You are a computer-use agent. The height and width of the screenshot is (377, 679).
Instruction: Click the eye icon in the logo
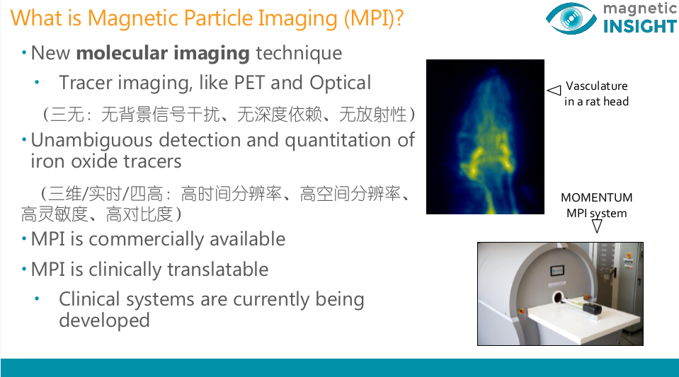tap(571, 18)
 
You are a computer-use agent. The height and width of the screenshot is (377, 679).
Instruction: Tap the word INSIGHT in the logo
tap(639, 26)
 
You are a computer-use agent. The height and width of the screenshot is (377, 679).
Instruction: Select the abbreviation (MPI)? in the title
tap(374, 18)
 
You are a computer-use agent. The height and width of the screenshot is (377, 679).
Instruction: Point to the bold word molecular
tap(122, 53)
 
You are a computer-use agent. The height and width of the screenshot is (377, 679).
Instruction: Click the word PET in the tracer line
tap(249, 83)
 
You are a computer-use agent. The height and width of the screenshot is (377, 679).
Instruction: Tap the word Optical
tap(341, 83)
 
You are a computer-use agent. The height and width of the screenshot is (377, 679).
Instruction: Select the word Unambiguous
tap(91, 141)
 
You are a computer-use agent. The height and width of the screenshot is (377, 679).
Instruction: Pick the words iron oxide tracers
tap(106, 161)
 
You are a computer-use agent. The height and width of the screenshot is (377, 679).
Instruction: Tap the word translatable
tap(218, 269)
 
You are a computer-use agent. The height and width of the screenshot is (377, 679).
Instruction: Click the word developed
tap(104, 320)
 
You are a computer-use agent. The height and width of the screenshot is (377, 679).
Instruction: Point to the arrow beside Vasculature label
tap(554, 90)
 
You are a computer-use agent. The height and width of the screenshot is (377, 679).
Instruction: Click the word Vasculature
tap(597, 86)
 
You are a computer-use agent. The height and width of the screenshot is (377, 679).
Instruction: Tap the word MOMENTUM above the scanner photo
tap(597, 198)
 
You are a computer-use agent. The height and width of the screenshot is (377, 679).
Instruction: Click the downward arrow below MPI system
tap(597, 224)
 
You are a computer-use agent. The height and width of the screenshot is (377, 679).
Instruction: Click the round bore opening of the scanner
tap(557, 298)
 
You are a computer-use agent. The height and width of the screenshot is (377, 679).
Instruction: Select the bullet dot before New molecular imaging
tap(24, 53)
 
